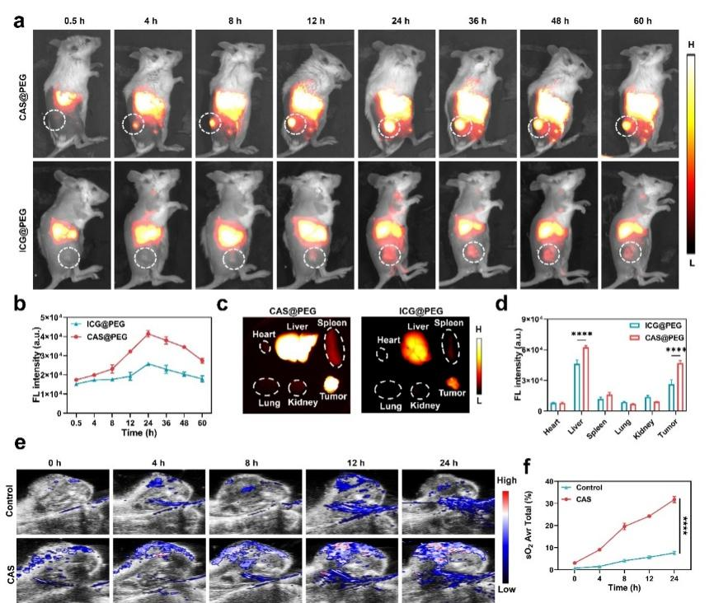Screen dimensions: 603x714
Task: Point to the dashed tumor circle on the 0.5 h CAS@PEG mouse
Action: click(x=54, y=122)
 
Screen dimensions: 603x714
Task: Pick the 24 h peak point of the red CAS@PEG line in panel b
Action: click(x=147, y=334)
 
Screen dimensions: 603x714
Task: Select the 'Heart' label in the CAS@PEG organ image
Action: click(x=265, y=332)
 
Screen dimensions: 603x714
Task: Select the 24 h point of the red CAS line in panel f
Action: click(x=674, y=498)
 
